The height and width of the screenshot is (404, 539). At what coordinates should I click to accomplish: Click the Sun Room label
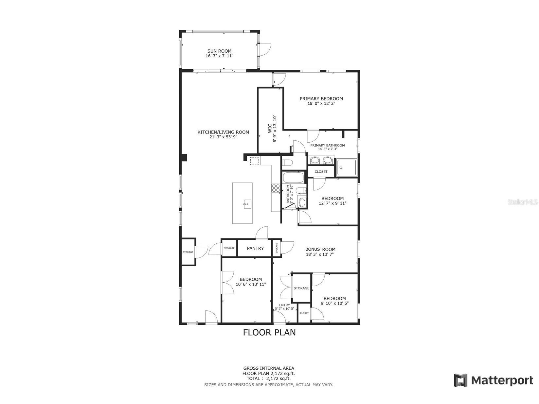[219, 51]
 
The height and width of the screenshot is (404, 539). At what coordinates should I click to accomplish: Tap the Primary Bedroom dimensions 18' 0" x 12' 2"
[321, 103]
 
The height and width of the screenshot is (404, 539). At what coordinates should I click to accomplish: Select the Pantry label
[255, 248]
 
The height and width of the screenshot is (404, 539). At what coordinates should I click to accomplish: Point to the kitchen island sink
[247, 205]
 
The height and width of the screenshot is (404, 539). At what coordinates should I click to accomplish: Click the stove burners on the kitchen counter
[276, 188]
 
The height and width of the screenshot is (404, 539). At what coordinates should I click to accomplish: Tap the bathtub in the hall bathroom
[293, 178]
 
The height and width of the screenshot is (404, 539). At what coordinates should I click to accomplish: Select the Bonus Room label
[320, 249]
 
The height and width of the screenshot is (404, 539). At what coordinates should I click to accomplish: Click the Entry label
[284, 305]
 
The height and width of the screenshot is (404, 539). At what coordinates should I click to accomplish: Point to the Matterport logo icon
[460, 380]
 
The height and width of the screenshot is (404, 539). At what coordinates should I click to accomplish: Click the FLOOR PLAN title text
[269, 332]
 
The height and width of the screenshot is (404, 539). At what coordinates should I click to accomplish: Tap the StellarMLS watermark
[523, 202]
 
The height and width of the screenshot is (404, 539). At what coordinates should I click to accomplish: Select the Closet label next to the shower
[321, 172]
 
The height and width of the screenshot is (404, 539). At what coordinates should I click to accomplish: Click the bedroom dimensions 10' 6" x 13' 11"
[251, 284]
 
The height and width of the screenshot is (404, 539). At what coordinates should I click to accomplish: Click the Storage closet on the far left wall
[188, 252]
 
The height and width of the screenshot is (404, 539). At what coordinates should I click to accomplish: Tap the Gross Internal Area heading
[268, 368]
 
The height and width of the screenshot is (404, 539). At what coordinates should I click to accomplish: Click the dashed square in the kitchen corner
[254, 161]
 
